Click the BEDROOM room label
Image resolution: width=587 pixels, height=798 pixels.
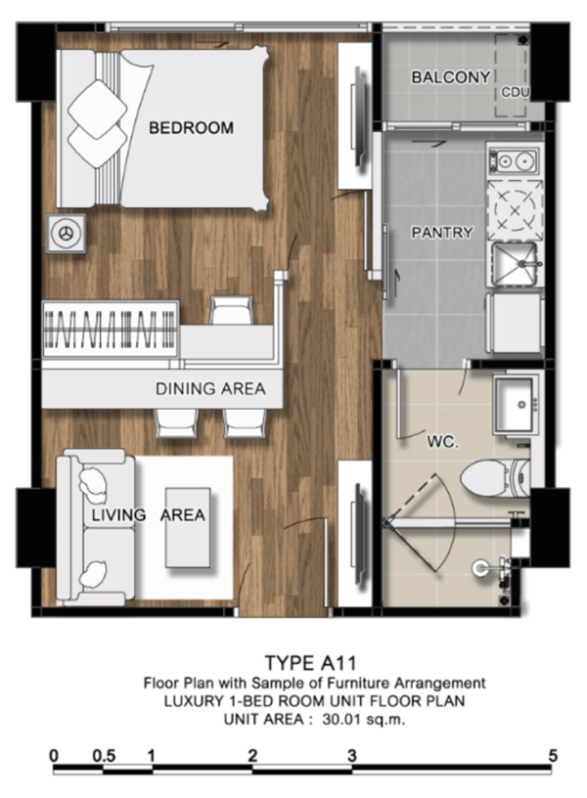tap(191, 127)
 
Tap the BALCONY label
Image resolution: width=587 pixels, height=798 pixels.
tap(451, 77)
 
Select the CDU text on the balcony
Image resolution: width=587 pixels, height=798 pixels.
tap(515, 93)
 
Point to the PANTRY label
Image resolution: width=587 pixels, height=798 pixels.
tap(442, 233)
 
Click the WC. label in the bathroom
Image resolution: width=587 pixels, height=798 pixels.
tap(442, 441)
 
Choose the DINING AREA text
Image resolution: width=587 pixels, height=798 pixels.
tap(210, 389)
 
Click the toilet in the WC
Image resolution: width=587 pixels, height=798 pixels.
tap(495, 479)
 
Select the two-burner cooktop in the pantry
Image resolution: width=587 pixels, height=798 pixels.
tap(513, 160)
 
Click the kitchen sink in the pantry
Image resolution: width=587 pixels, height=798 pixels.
tap(516, 264)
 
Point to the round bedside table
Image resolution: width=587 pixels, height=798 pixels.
tap(67, 233)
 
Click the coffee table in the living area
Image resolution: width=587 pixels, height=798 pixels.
tap(188, 528)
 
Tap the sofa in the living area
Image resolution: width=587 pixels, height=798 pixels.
tap(95, 527)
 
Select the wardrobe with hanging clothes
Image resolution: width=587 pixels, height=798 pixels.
tap(111, 329)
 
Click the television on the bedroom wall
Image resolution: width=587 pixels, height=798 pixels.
tap(359, 117)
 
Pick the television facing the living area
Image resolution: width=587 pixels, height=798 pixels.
tap(359, 532)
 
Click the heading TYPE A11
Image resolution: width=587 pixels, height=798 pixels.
tap(310, 663)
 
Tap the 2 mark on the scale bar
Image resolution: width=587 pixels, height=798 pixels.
tap(252, 756)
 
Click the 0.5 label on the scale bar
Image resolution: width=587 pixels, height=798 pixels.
tap(104, 756)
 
